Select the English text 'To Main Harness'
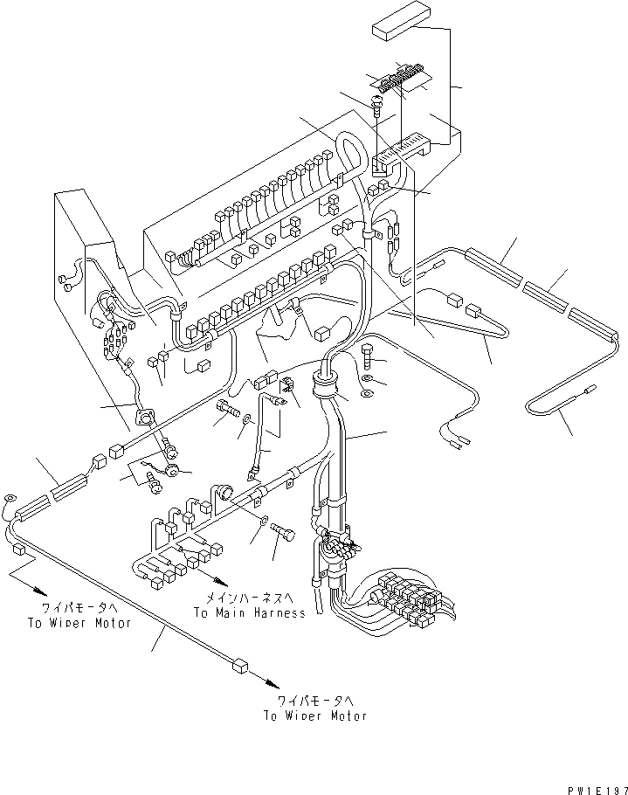click(x=250, y=613)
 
